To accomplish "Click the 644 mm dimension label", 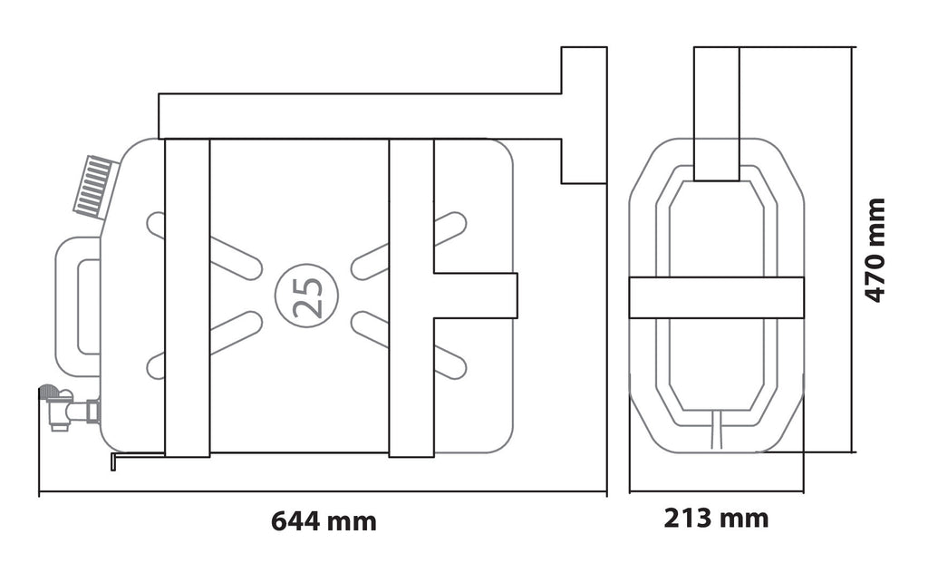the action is tap(324, 521).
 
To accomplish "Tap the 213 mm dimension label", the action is tap(716, 518).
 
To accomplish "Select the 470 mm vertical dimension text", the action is tap(875, 250).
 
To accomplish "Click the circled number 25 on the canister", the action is tap(306, 295).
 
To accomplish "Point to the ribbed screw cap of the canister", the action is tap(93, 184).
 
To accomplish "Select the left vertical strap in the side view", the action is tap(187, 297).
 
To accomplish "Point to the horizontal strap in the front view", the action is tap(716, 296).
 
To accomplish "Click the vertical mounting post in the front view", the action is tap(716, 113).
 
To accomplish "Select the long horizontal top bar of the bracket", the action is tap(360, 116).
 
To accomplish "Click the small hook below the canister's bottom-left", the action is tap(136, 459).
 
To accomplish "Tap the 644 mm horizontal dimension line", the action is tap(323, 491).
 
